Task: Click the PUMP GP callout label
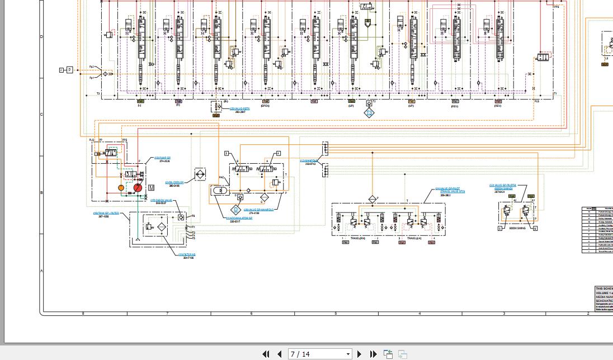coord(163,158)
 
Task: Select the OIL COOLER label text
coord(175,183)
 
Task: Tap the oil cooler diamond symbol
coord(200,174)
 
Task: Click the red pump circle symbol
coord(138,188)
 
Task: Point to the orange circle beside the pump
coord(121,188)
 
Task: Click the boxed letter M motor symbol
coord(151,188)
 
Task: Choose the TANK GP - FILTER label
coord(106,213)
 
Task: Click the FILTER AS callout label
coord(187,255)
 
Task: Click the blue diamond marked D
coord(236,210)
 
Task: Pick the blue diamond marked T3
coord(369,112)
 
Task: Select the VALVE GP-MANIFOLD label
coord(258,210)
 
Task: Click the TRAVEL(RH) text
coord(357,239)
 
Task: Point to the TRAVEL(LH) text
coord(414,239)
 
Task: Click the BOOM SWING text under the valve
coord(517,228)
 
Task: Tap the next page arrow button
coord(360,354)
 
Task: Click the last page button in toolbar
coord(373,354)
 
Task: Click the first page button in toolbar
coord(266,354)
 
